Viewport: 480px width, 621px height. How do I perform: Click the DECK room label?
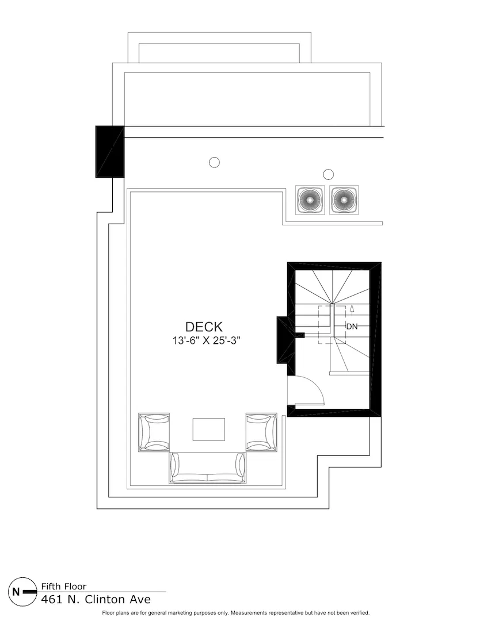[x=204, y=327]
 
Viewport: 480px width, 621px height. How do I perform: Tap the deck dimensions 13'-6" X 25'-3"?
[x=206, y=340]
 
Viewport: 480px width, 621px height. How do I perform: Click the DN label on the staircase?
[x=352, y=327]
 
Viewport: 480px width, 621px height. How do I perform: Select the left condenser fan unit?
[x=310, y=200]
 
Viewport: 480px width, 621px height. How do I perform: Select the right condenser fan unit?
[x=344, y=200]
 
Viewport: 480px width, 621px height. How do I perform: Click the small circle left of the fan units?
[x=214, y=162]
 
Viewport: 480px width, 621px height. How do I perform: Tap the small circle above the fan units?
[x=328, y=174]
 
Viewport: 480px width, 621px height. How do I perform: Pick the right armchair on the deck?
[x=261, y=432]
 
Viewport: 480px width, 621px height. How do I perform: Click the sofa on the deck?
[x=207, y=467]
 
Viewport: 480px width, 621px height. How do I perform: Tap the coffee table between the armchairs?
[x=209, y=429]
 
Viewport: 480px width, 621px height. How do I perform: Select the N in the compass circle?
[x=16, y=592]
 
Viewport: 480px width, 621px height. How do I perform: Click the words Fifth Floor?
[x=64, y=586]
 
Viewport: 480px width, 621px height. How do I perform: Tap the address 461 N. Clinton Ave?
[x=96, y=599]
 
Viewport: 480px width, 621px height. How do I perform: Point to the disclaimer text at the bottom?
[x=235, y=613]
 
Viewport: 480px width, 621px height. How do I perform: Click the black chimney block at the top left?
[x=110, y=152]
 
